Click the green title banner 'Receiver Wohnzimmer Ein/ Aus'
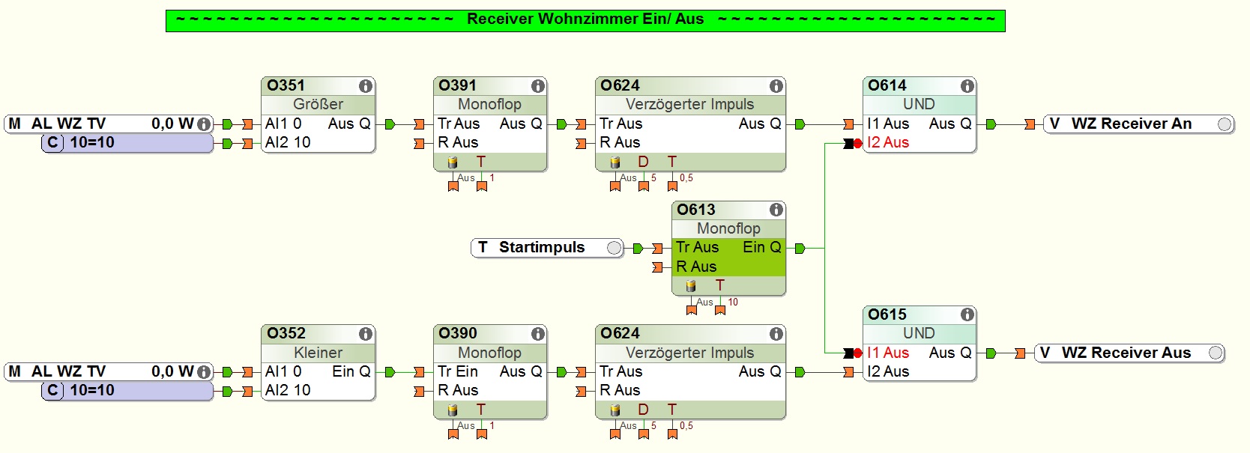(585, 19)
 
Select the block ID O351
(286, 85)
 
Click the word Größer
(318, 104)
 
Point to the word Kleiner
(318, 352)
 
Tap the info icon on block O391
(537, 86)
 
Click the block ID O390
(457, 333)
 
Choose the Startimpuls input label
(541, 247)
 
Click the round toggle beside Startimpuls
(614, 248)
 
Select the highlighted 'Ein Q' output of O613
(761, 247)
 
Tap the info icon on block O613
(776, 210)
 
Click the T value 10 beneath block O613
(733, 302)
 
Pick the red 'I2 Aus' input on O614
(887, 142)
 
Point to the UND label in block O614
(919, 104)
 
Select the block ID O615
(887, 314)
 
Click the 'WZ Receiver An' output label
(1131, 124)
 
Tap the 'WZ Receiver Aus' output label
(1126, 353)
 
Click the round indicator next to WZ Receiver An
(1225, 124)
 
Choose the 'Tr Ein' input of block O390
(457, 371)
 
